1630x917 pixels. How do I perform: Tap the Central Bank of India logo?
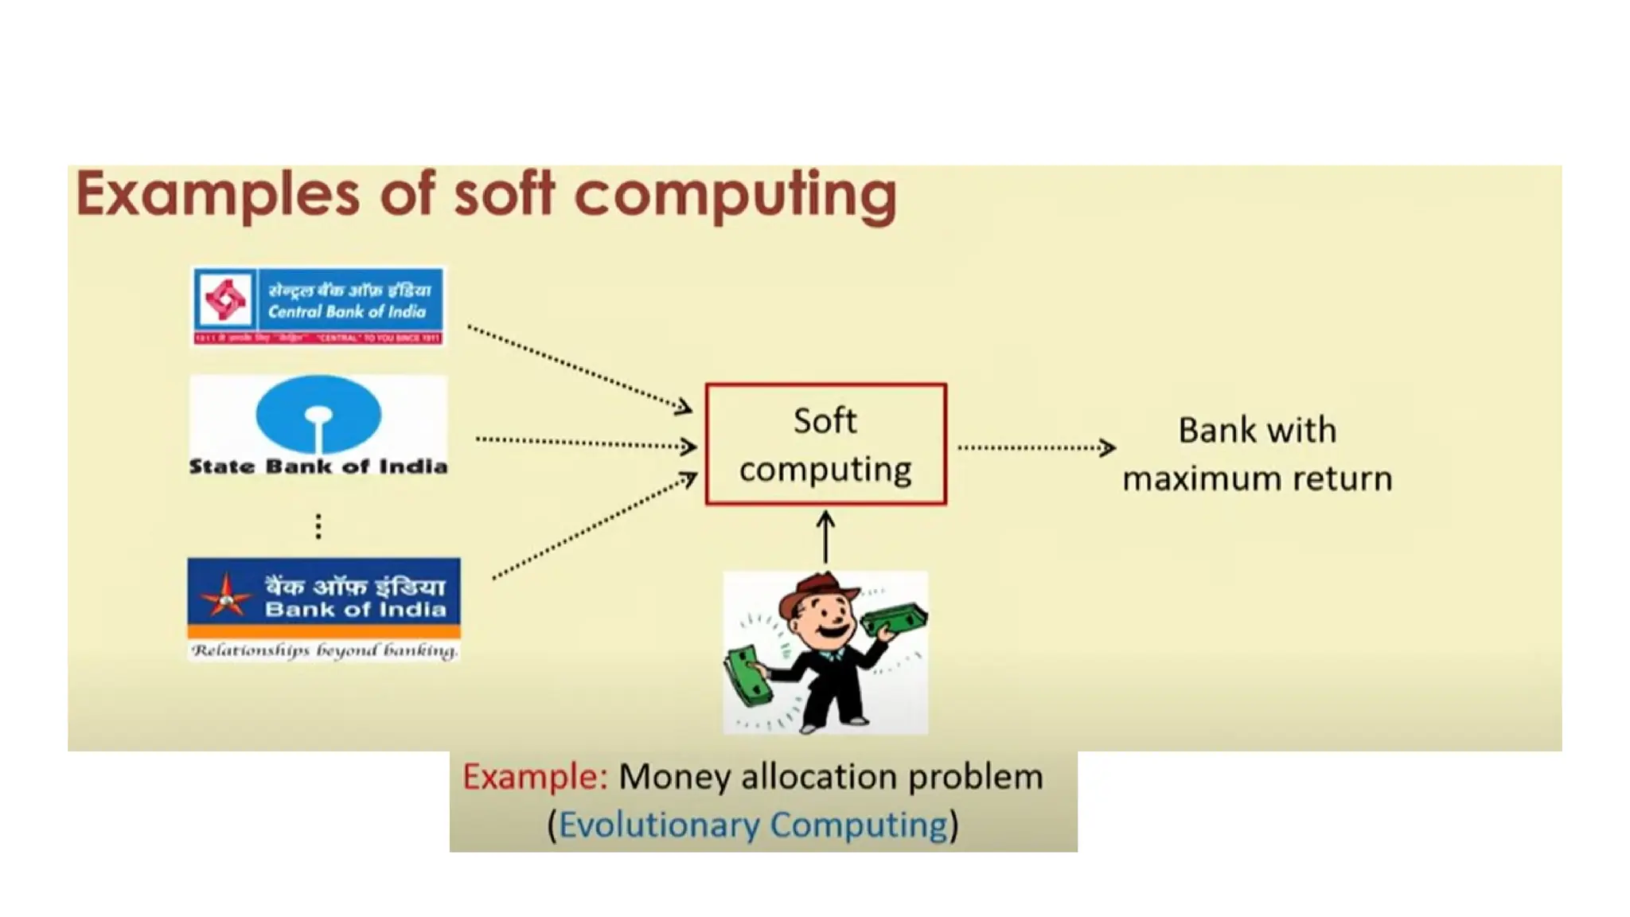318,306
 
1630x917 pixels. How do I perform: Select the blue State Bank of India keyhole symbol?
318,415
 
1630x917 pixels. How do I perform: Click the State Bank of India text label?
318,466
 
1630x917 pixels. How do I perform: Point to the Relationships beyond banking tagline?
324,651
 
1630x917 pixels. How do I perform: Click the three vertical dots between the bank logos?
318,526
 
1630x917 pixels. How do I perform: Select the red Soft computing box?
825,444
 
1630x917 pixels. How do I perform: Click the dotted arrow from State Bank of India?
586,443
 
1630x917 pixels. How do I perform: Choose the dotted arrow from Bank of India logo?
594,526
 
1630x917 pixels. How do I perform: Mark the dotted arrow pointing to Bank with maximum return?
1035,448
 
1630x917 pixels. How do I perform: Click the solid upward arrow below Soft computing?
825,537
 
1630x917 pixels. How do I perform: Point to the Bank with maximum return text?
1257,454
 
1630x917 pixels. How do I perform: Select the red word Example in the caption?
535,777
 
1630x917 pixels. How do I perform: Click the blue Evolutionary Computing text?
753,825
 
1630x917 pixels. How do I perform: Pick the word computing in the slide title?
735,195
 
